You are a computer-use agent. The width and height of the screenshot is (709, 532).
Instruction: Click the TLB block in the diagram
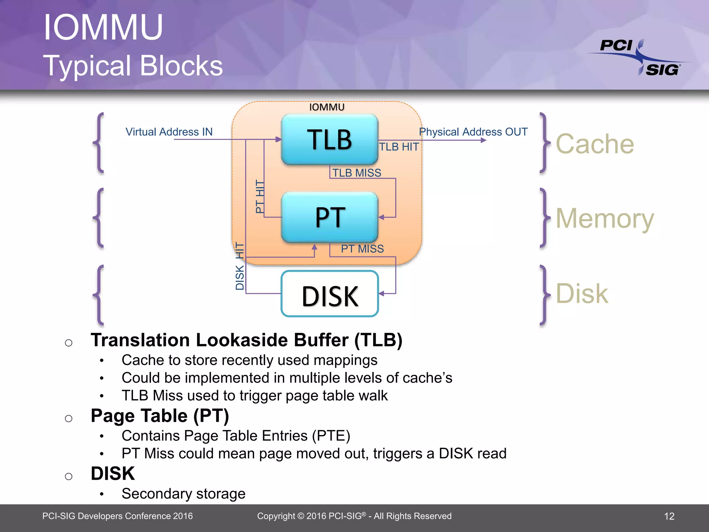pos(329,139)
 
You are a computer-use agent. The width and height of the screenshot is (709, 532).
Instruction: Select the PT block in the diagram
pos(329,217)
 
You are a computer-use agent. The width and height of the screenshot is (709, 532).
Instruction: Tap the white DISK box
pos(329,294)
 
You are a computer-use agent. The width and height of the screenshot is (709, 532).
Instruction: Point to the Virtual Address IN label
pos(169,132)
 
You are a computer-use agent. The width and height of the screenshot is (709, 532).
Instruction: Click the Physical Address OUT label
pos(473,132)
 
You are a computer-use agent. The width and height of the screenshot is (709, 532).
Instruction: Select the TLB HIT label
pos(399,147)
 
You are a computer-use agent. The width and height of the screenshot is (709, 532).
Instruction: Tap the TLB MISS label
pos(357,172)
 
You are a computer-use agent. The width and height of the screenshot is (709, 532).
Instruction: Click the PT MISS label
pos(362,249)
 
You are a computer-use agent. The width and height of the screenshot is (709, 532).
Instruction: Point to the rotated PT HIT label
pos(260,196)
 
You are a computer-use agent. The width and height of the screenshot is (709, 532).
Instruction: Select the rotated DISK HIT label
pos(240,266)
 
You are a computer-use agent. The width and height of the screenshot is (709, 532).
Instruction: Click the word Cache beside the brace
pos(595,144)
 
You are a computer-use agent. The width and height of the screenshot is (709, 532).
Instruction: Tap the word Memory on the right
pos(604,219)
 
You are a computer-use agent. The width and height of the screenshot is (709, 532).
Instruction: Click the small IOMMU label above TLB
pos(327,107)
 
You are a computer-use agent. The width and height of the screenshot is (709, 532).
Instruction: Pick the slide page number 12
pos(669,516)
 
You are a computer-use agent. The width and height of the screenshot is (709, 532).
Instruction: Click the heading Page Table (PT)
pos(160,416)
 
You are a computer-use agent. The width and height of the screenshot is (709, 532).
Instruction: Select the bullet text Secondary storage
pos(183,494)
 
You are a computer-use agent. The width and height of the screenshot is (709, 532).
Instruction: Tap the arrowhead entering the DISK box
pos(382,293)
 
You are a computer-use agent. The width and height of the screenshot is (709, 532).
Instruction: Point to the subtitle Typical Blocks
pos(133,66)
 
